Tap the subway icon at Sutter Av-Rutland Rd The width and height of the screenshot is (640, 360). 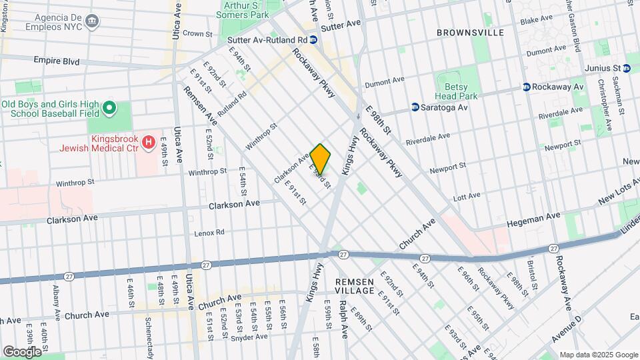(x=321, y=40)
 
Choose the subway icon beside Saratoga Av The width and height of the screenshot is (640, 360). (x=415, y=107)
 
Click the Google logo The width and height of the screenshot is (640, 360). (x=22, y=351)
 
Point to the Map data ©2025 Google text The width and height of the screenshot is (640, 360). (x=599, y=355)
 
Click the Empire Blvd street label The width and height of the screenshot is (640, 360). (x=57, y=61)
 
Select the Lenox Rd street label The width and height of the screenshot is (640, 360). (x=209, y=233)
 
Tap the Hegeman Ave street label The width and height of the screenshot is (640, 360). (x=534, y=217)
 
